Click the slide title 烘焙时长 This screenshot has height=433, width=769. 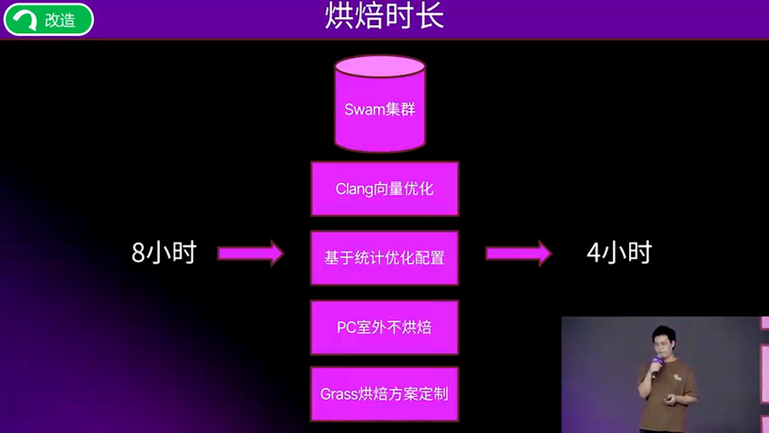[384, 17]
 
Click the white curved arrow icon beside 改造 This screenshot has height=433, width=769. [26, 20]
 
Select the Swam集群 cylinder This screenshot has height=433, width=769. [380, 111]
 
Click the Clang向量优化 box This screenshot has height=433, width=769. [384, 189]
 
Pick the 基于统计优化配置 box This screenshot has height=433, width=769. [384, 258]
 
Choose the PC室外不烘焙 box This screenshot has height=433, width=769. [384, 328]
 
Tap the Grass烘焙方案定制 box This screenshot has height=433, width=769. [384, 395]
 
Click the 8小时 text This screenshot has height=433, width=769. [164, 253]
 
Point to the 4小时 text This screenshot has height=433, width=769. [619, 253]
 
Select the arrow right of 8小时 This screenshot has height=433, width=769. [251, 253]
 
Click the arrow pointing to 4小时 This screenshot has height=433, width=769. [518, 253]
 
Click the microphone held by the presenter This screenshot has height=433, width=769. [656, 364]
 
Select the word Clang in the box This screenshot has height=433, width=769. [354, 189]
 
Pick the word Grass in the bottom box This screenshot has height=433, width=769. [339, 395]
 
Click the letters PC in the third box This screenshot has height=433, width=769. [346, 328]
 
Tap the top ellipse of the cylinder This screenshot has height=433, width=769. [380, 66]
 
